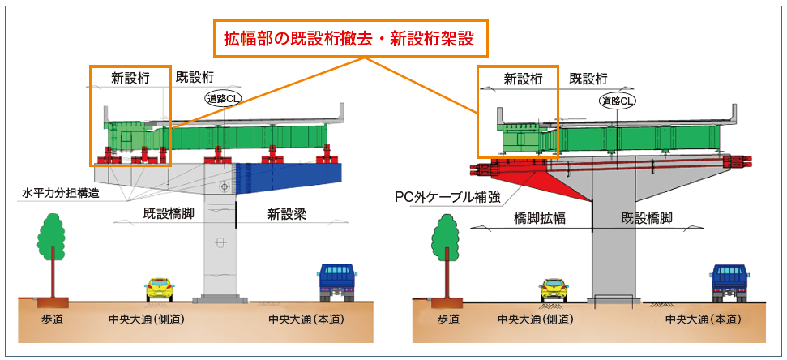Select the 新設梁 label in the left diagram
pos(288,214)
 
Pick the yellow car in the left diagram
pos(160,288)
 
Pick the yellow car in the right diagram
pos(554,288)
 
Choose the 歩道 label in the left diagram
pos(52,319)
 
